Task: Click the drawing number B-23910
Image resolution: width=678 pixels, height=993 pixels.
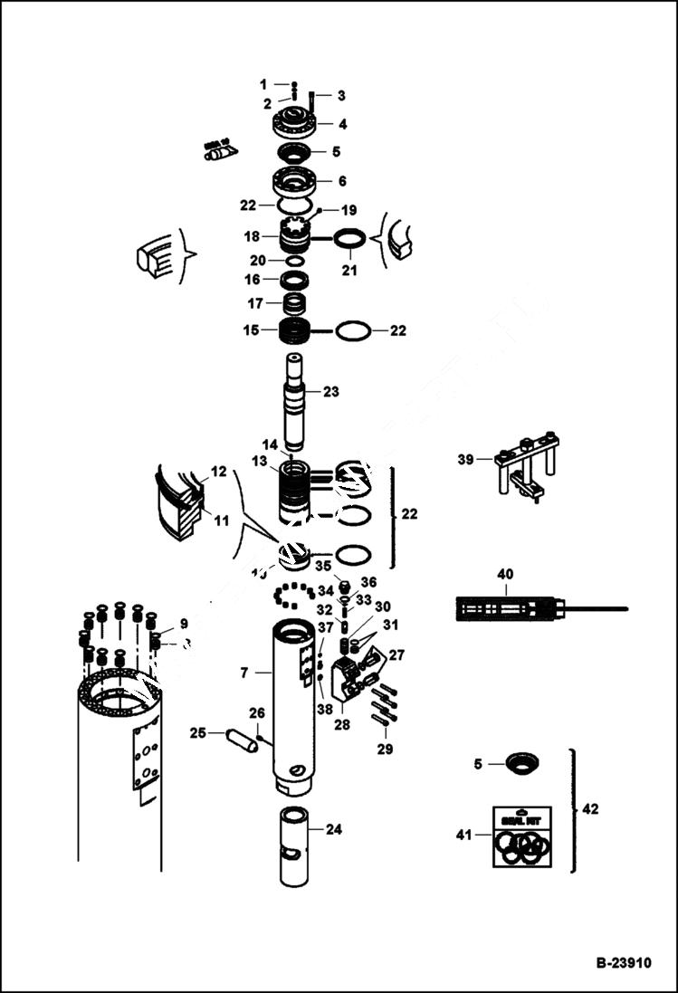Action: (623, 963)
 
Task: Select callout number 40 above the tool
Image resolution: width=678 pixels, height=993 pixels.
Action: (504, 573)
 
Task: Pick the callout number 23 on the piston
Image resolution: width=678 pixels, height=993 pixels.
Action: (331, 392)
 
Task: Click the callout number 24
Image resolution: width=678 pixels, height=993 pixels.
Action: (334, 828)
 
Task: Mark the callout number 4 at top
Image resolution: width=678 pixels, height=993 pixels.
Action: (341, 124)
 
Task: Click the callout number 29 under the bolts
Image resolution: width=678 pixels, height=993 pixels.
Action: (387, 749)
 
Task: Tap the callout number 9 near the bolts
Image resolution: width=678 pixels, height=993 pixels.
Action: (183, 624)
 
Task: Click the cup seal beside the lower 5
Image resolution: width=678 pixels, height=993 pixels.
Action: (521, 763)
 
